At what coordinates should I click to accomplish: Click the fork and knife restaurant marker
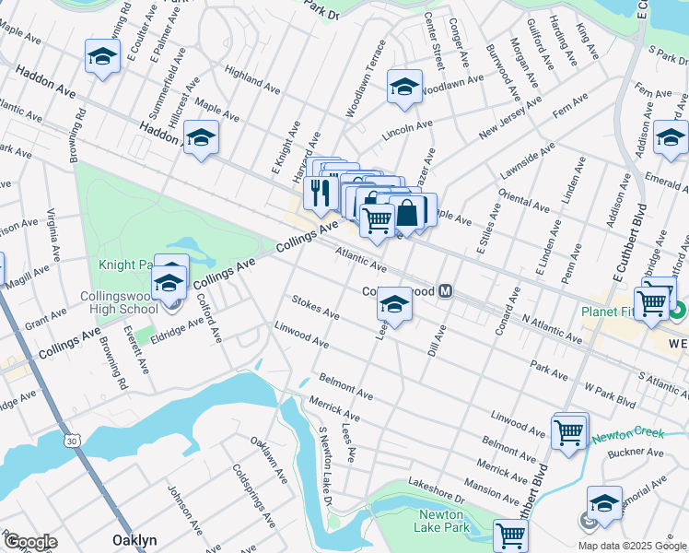pos(319,193)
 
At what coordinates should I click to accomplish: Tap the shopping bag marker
pos(406,211)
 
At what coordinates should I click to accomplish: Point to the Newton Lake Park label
pos(445,521)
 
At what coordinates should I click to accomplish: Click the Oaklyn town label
pos(134,540)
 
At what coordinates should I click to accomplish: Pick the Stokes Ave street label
pos(315,307)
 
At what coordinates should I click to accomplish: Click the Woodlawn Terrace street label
pos(366,78)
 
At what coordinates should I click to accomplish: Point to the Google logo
pos(30,542)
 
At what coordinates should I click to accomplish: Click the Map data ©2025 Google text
pos(632,546)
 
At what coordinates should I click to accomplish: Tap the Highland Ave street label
pos(251,80)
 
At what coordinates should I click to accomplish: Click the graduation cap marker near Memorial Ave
pos(604,502)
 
